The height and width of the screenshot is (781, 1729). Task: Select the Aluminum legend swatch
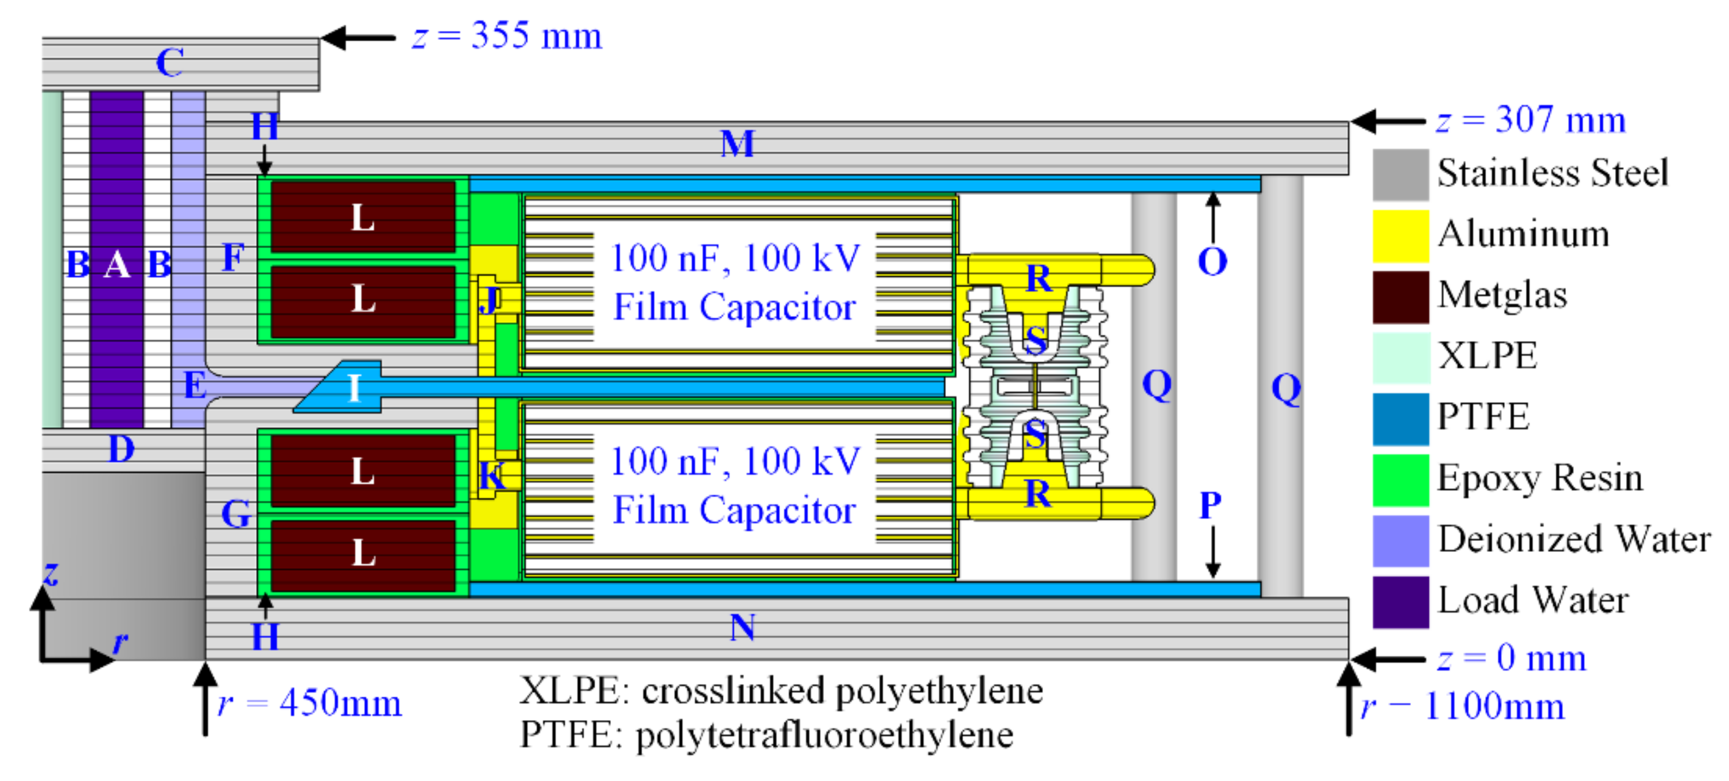coord(1400,235)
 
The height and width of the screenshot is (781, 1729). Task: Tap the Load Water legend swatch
coord(1400,602)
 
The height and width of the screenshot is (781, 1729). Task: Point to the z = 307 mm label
coord(1531,121)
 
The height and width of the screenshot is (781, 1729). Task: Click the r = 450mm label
coord(309,705)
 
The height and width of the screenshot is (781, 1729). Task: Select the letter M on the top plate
coord(737,144)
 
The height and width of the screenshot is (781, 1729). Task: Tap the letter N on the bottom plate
coord(742,628)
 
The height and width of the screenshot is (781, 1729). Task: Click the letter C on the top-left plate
coord(169,63)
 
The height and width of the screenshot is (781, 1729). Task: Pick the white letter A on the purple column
coord(117,265)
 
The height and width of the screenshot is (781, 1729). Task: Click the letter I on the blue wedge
coord(354,388)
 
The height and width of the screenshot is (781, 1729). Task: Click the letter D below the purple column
coord(122,449)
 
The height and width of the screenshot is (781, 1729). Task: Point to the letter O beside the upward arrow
coord(1212,261)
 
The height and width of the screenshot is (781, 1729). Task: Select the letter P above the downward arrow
coord(1210,505)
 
